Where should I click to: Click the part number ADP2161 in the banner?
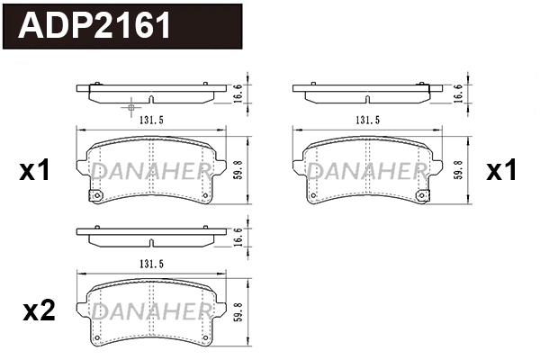[94, 25]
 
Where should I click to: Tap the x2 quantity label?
[39, 310]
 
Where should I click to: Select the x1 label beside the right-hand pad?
[501, 170]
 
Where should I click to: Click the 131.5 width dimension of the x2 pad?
[151, 264]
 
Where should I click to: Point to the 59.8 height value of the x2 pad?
[238, 312]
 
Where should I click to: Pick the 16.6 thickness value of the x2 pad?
[238, 237]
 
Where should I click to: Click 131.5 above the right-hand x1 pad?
[367, 120]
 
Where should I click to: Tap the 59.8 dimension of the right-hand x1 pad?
[458, 170]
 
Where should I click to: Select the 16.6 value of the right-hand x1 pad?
[458, 94]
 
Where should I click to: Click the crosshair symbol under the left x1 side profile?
[130, 107]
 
